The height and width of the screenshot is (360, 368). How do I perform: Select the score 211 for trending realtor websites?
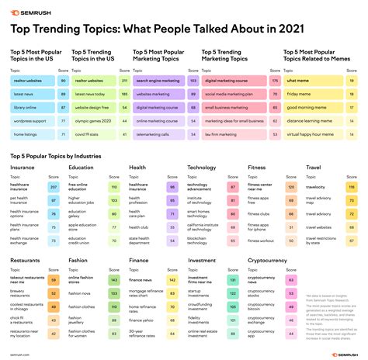(x=123, y=80)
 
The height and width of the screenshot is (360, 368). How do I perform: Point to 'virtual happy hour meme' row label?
(x=311, y=135)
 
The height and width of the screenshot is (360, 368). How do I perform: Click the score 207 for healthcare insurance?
(x=54, y=188)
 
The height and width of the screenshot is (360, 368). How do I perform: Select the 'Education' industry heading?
(x=83, y=167)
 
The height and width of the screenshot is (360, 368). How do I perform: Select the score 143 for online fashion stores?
(x=113, y=280)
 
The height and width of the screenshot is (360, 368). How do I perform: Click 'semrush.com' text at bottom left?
(x=21, y=354)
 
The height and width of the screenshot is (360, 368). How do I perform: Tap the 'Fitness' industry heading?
(x=256, y=167)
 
